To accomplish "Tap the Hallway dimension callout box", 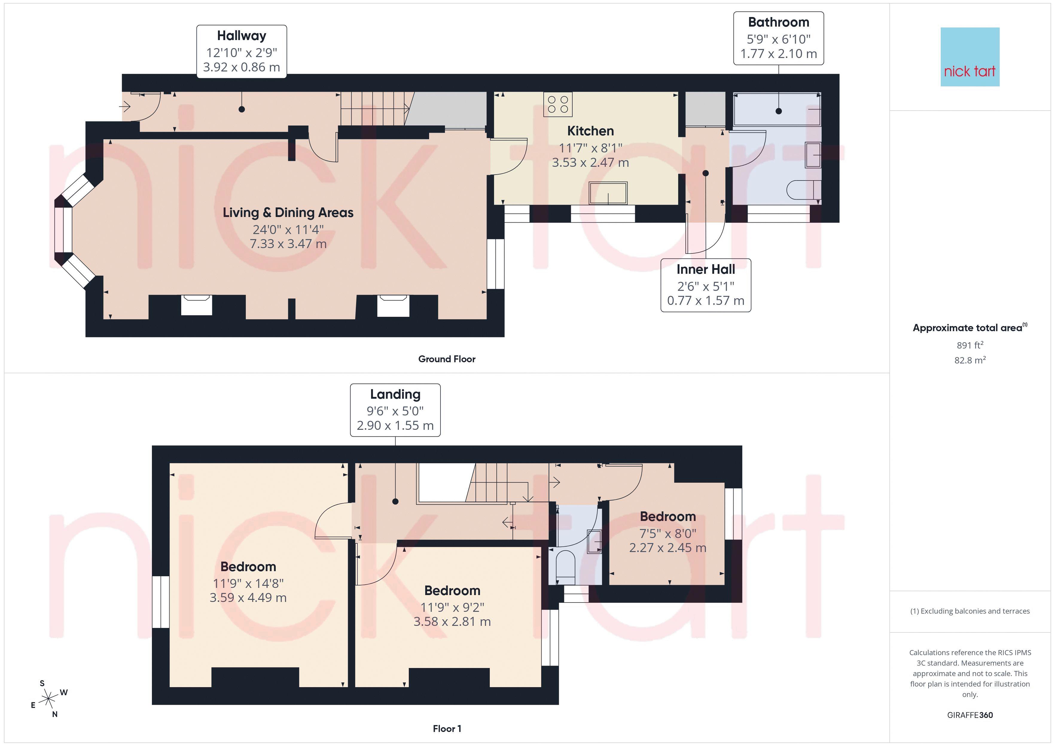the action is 242,51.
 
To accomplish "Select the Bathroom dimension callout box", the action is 778,38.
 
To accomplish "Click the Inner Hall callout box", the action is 706,285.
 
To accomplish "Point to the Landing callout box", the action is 395,410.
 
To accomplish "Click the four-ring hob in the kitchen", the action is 558,104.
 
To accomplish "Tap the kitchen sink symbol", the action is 608,193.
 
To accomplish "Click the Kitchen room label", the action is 591,131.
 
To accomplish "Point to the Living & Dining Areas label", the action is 288,213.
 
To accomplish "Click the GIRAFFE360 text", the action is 970,715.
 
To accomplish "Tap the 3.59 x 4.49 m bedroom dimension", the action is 248,598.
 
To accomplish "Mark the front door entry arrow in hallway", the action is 125,107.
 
